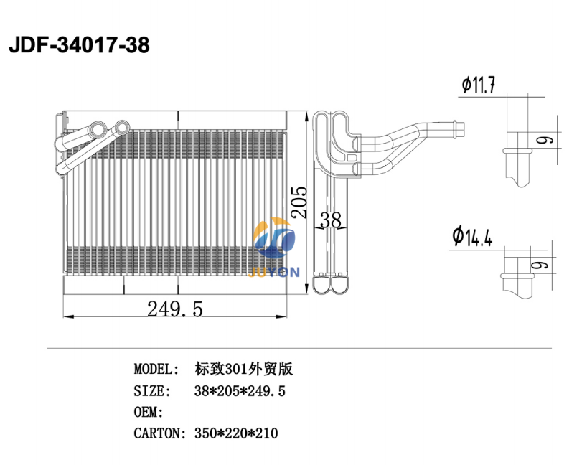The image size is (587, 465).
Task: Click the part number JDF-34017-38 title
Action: click(79, 46)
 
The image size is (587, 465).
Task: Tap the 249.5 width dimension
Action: click(175, 309)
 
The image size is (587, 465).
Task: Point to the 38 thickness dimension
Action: click(330, 220)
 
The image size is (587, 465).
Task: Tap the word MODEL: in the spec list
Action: click(156, 370)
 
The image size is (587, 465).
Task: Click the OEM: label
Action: click(149, 412)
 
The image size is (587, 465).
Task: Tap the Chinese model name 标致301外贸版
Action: click(244, 370)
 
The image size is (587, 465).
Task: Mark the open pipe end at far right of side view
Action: click(464, 129)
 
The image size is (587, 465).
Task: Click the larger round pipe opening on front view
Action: click(121, 129)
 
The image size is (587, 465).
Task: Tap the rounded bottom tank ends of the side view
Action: click(332, 286)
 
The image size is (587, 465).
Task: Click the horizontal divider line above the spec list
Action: click(299, 349)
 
